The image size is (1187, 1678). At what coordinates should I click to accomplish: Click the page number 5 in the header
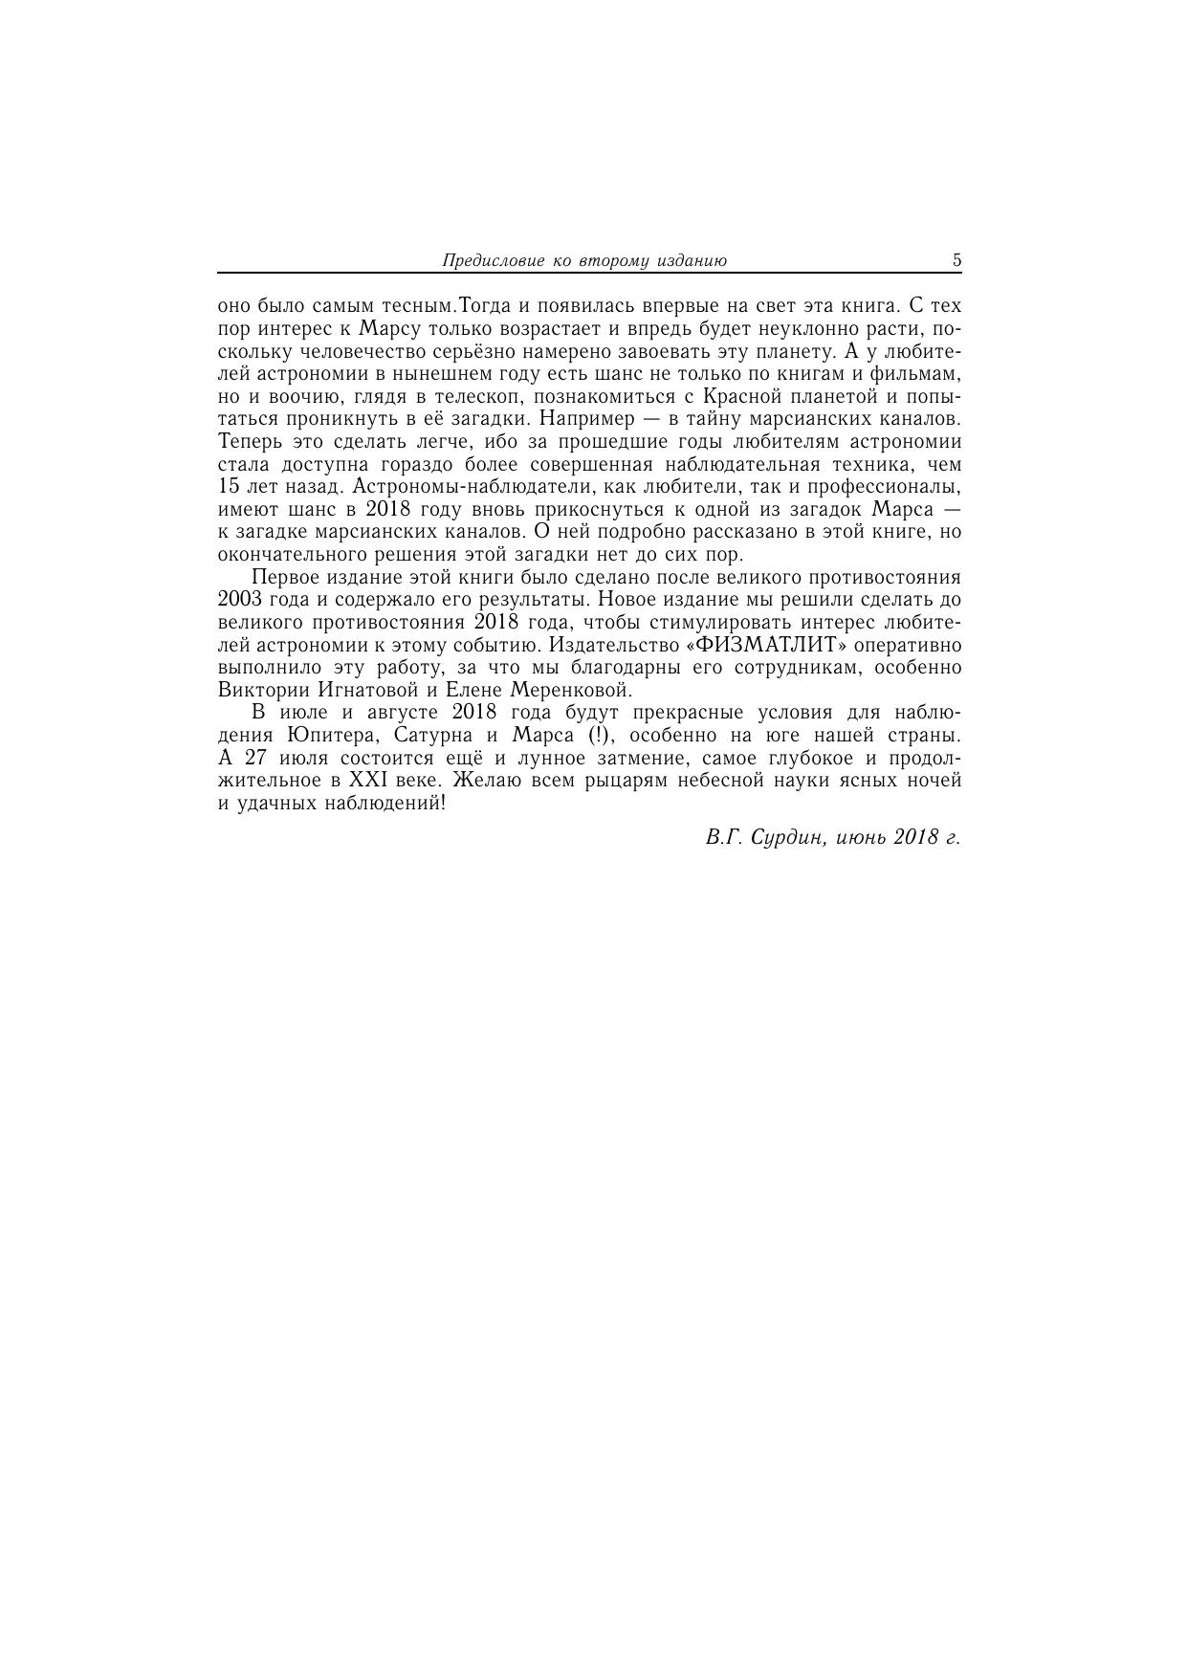956,260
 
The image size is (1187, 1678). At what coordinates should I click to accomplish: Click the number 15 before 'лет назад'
230,487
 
